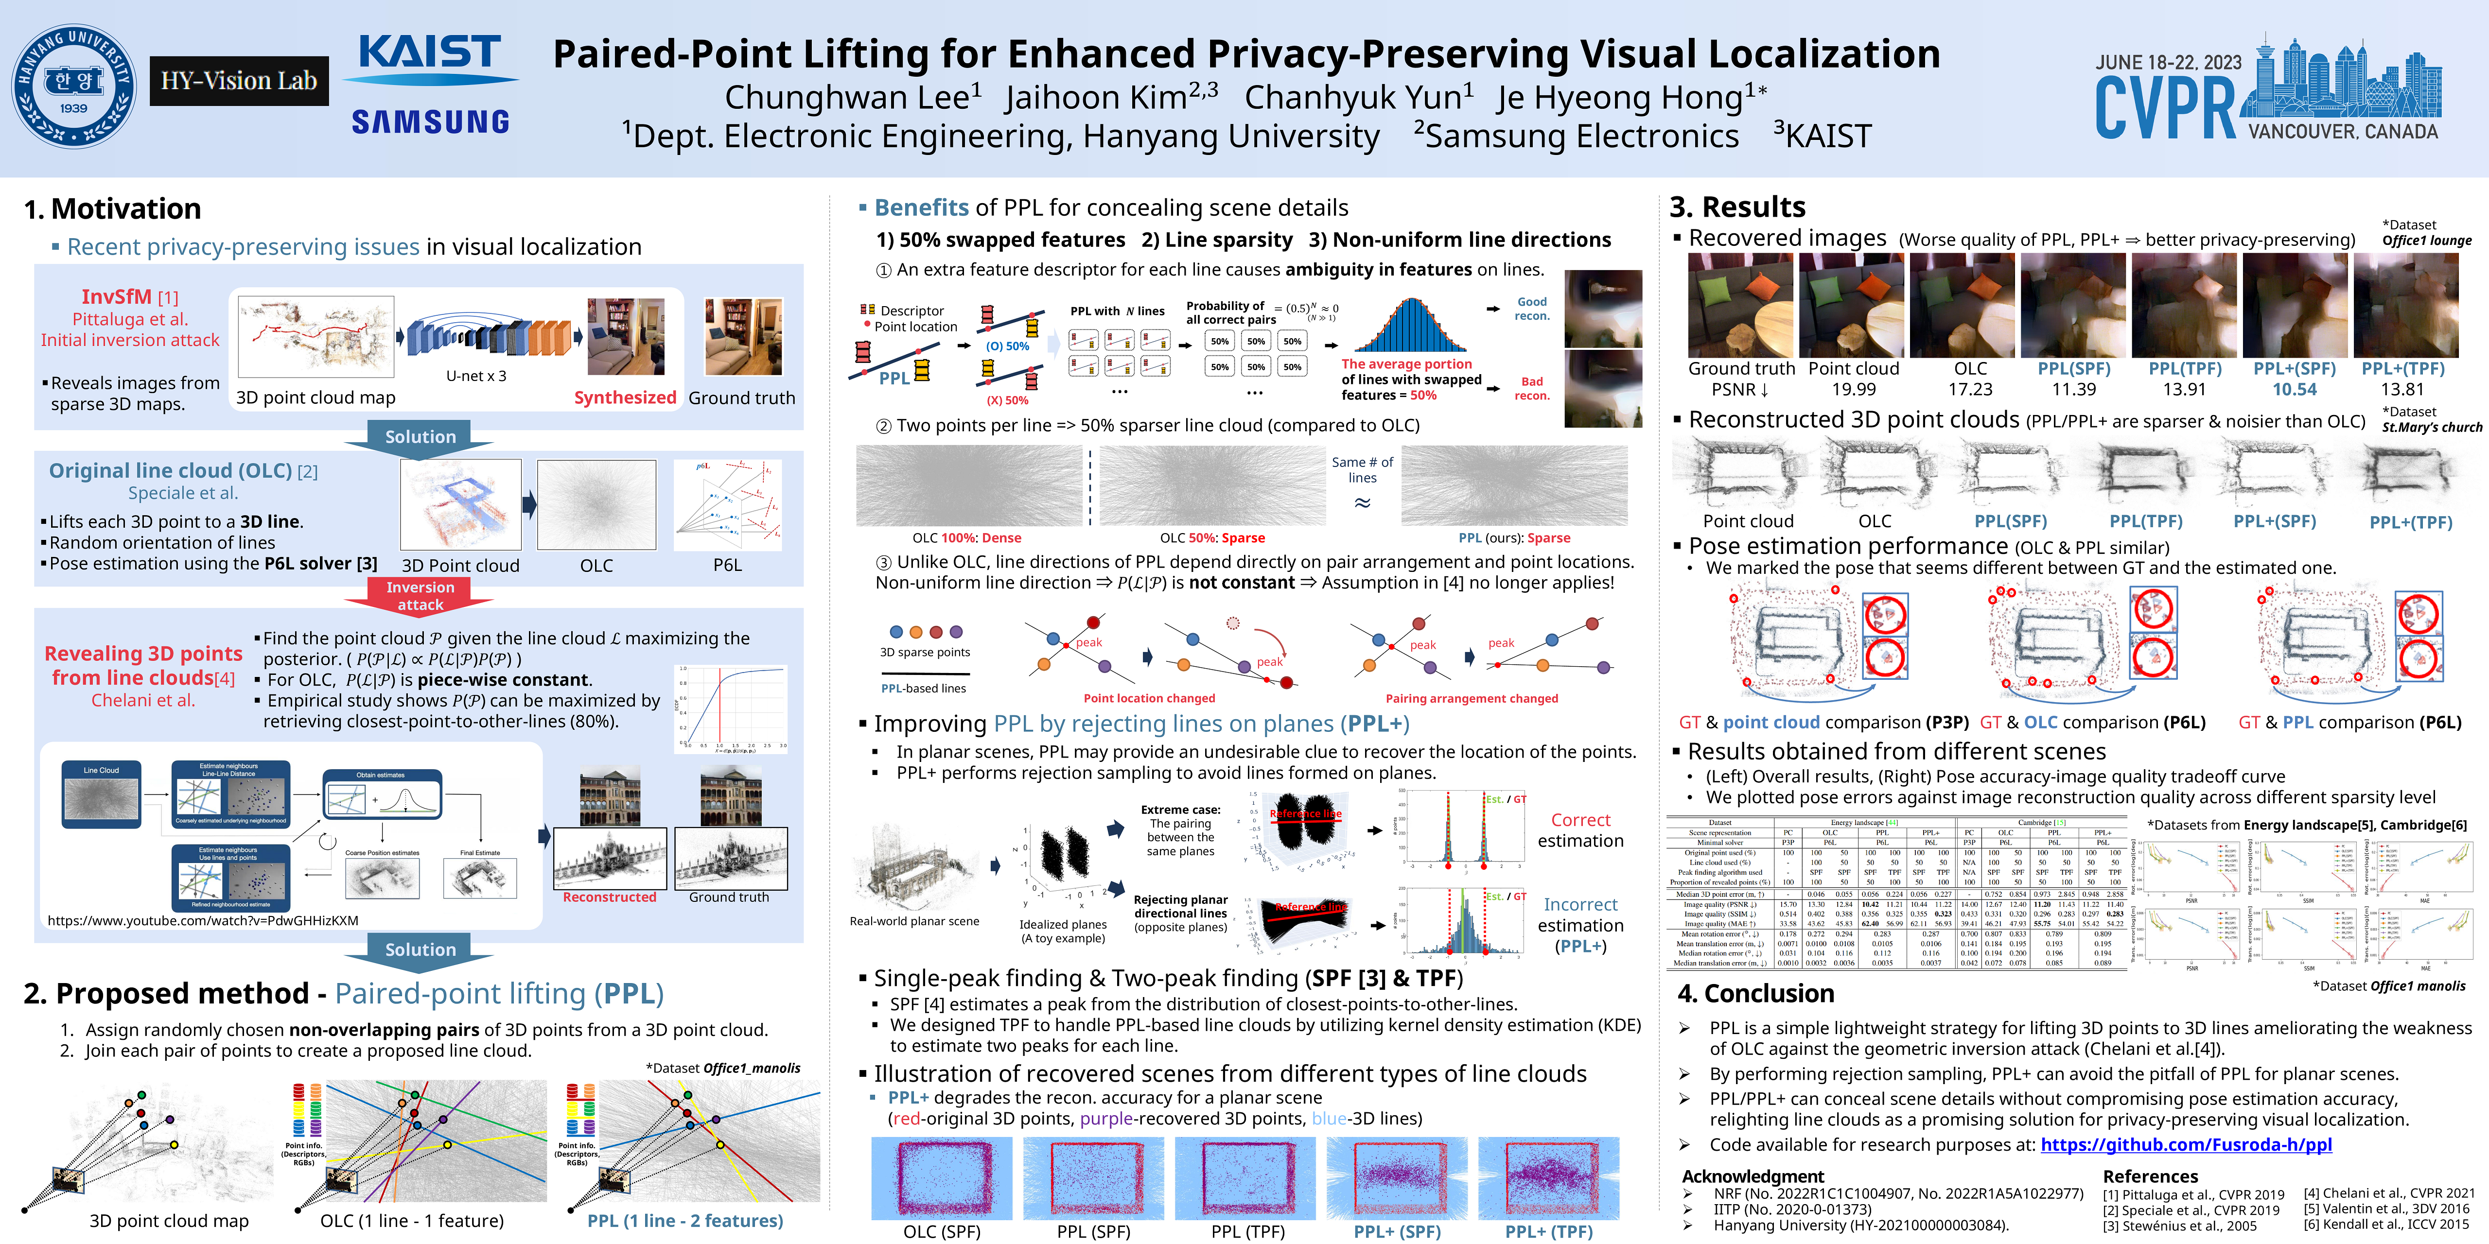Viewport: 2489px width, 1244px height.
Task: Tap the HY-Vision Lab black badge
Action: (239, 81)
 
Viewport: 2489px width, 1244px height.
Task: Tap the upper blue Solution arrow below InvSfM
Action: (421, 436)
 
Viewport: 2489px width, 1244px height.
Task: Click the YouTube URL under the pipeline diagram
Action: (203, 920)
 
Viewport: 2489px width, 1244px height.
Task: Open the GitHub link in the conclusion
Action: (2186, 1144)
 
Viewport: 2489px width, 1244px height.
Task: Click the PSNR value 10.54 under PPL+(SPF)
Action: (2294, 389)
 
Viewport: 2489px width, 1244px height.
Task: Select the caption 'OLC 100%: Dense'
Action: (966, 538)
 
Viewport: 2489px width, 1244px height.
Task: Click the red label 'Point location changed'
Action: (1149, 698)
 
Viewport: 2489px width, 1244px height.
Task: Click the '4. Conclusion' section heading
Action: (1755, 994)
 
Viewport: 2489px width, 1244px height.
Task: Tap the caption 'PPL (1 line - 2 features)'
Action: (685, 1221)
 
